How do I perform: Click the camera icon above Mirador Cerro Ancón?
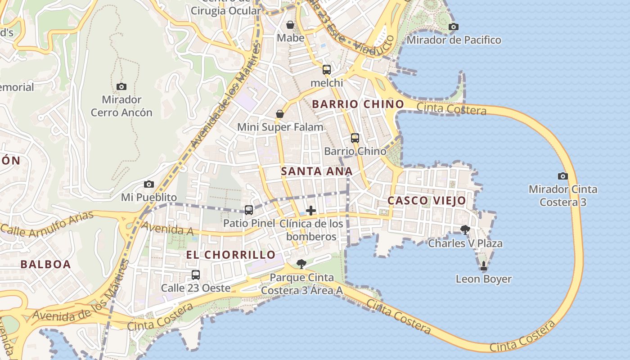pyautogui.click(x=121, y=86)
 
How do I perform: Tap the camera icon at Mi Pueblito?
pyautogui.click(x=149, y=184)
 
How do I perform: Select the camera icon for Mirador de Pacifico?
pyautogui.click(x=454, y=27)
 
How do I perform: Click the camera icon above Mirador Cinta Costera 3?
pyautogui.click(x=562, y=176)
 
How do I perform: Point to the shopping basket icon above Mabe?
pyautogui.click(x=290, y=24)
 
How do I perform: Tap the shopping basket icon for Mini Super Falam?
pyautogui.click(x=280, y=114)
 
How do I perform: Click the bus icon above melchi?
pyautogui.click(x=327, y=70)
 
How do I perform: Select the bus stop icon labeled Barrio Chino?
pyautogui.click(x=355, y=138)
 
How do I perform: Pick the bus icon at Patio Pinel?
pyautogui.click(x=249, y=210)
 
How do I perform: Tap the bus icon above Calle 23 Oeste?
pyautogui.click(x=196, y=275)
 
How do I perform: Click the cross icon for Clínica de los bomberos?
pyautogui.click(x=310, y=211)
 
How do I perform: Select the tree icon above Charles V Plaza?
pyautogui.click(x=465, y=230)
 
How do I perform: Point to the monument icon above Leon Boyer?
pyautogui.click(x=484, y=266)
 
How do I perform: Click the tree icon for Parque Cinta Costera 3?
pyautogui.click(x=301, y=264)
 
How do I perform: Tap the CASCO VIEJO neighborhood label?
pyautogui.click(x=427, y=201)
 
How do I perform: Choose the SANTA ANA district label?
pyautogui.click(x=317, y=171)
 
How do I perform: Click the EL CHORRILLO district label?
pyautogui.click(x=231, y=255)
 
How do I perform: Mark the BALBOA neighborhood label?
pyautogui.click(x=46, y=264)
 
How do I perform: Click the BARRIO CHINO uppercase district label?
pyautogui.click(x=358, y=104)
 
